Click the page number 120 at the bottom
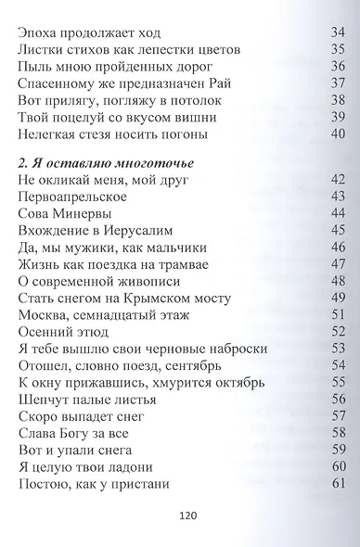180,515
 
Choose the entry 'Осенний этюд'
64,331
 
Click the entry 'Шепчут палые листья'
89,399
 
